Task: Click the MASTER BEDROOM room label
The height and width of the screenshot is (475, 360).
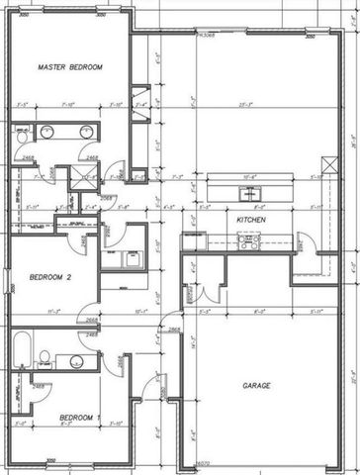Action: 70,67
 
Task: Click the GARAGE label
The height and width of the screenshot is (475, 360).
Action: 258,385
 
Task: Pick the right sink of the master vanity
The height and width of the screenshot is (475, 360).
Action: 87,133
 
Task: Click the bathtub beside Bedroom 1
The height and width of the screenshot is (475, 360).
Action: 23,352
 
